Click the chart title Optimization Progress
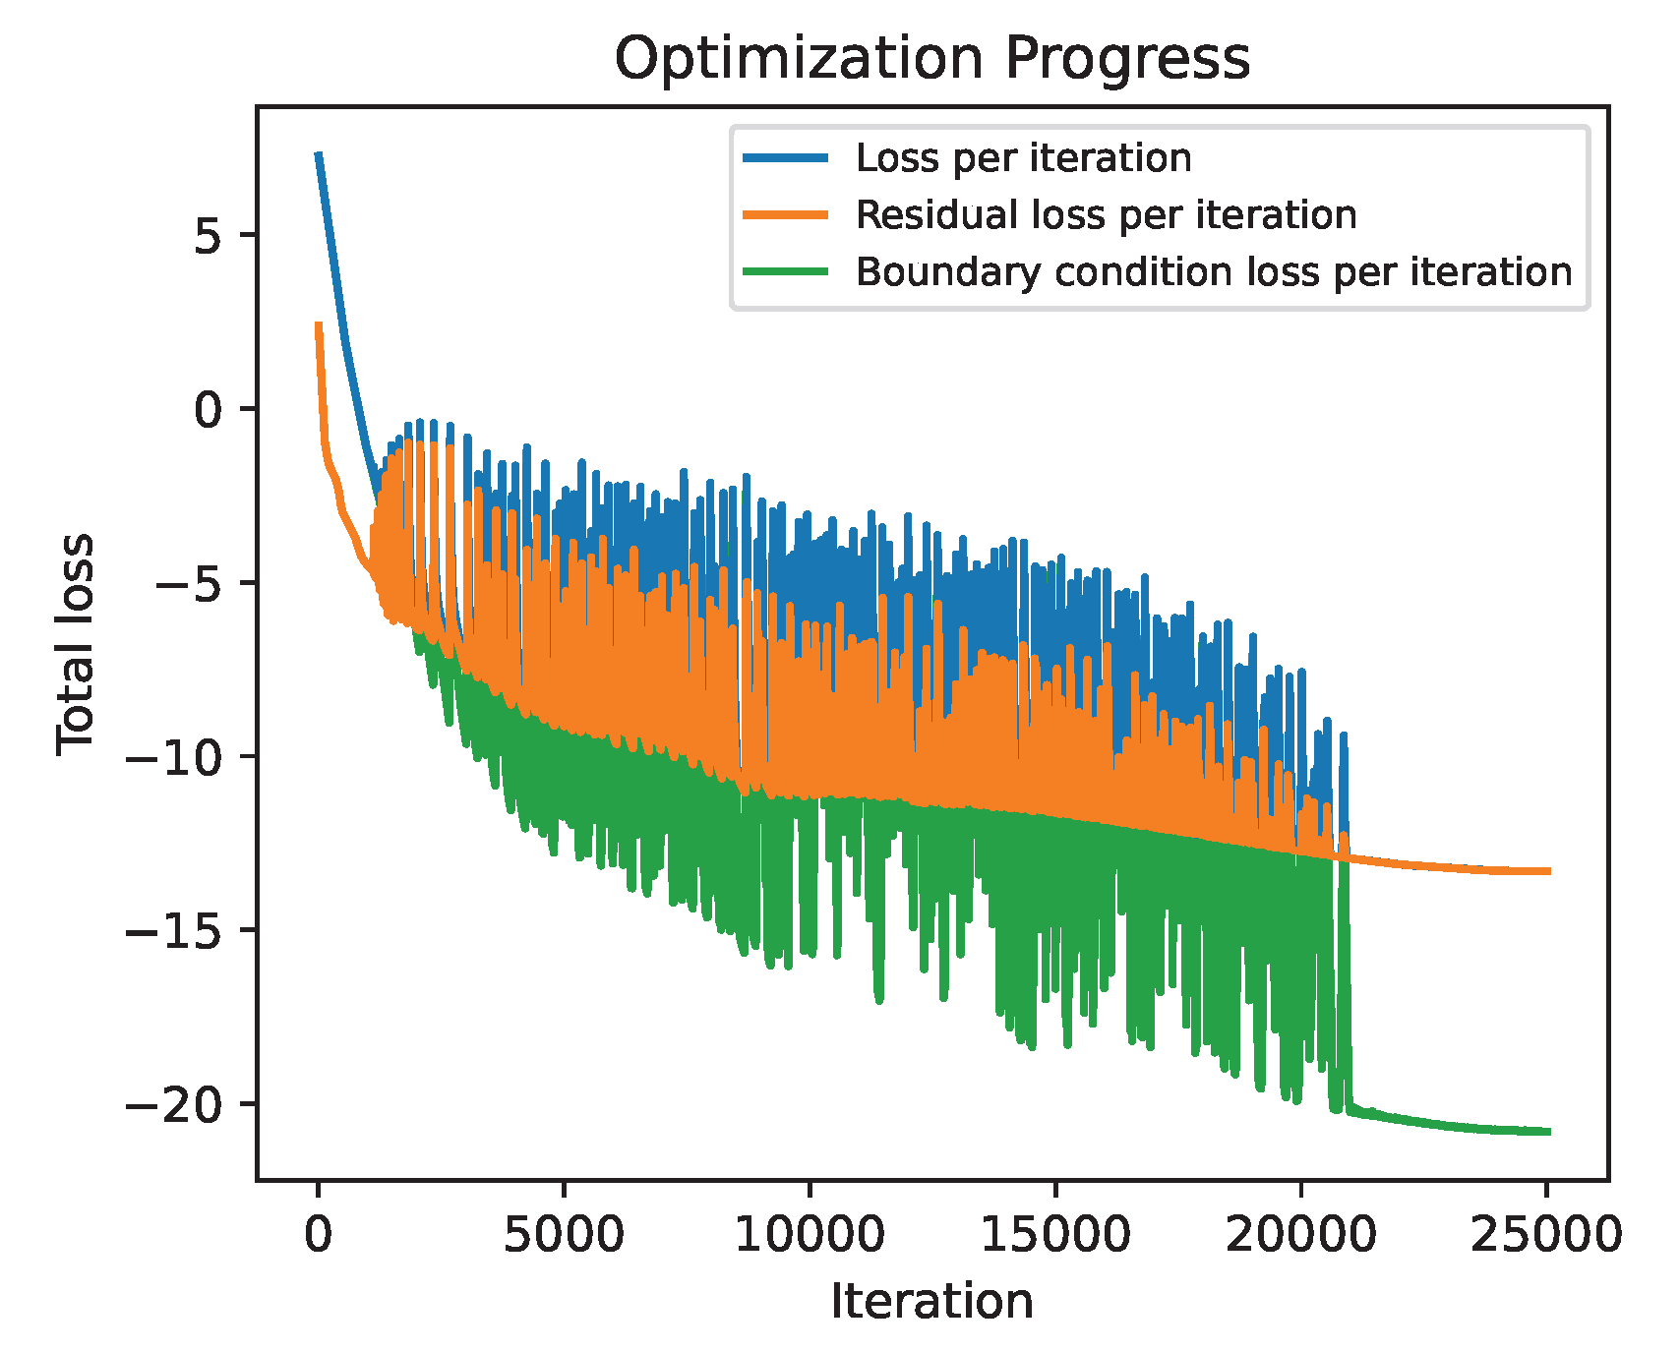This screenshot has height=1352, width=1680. coord(931,59)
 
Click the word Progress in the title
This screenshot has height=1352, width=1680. coord(1126,59)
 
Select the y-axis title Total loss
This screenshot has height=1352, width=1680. coord(75,644)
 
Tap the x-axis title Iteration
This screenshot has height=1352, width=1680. coord(931,1302)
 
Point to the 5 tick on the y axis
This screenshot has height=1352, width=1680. coord(210,235)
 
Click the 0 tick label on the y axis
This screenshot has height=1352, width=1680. coord(210,409)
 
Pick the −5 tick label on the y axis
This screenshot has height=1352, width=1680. coord(195,583)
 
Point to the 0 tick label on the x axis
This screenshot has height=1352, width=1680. coord(318,1234)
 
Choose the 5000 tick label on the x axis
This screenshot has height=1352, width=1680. coord(564,1234)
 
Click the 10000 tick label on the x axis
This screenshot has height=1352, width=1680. coord(810,1234)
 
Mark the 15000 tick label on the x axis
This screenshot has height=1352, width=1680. coord(1055,1234)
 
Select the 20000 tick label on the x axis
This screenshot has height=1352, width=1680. coord(1300,1234)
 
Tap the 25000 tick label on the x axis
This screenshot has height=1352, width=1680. coord(1545,1234)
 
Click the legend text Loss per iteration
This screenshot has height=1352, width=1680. coord(1023,158)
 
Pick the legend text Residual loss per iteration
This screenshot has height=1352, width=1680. coord(1106,215)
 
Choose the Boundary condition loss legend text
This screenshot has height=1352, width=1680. coord(1213,272)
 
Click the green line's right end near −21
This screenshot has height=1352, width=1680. coord(1546,1132)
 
